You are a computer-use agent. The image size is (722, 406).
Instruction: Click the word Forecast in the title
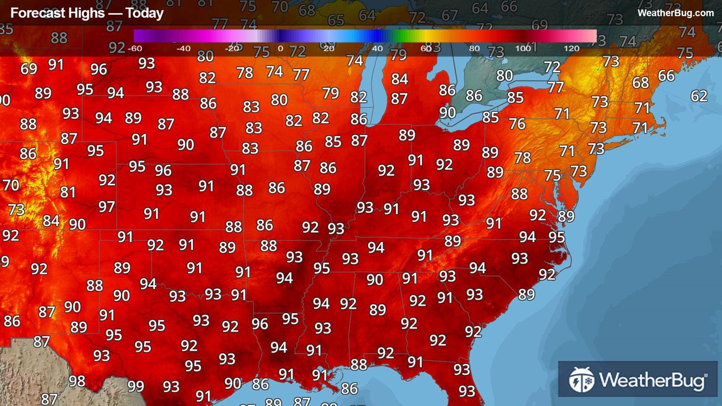click(x=33, y=13)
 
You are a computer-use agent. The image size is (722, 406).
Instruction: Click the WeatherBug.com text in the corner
click(x=675, y=13)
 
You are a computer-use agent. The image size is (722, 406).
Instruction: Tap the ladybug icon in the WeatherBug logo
click(x=581, y=380)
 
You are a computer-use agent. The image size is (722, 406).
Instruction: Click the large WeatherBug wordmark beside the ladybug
click(x=653, y=381)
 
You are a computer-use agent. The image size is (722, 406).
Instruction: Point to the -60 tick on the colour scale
click(x=135, y=48)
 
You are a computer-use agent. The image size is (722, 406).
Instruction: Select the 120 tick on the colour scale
click(x=571, y=48)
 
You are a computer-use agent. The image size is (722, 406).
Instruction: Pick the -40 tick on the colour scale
click(x=183, y=48)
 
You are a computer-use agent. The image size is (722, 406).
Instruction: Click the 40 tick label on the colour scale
click(x=377, y=48)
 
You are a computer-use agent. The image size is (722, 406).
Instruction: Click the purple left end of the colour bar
click(x=140, y=36)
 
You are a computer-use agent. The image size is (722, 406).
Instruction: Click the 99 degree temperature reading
click(x=136, y=386)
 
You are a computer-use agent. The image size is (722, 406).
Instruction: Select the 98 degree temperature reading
click(x=77, y=381)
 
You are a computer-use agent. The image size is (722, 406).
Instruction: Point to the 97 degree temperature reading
click(x=106, y=207)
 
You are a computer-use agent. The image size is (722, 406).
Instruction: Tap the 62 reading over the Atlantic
click(x=699, y=96)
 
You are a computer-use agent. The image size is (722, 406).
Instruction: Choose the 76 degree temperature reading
click(x=517, y=124)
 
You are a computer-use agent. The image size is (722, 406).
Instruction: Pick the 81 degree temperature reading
click(x=68, y=192)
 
